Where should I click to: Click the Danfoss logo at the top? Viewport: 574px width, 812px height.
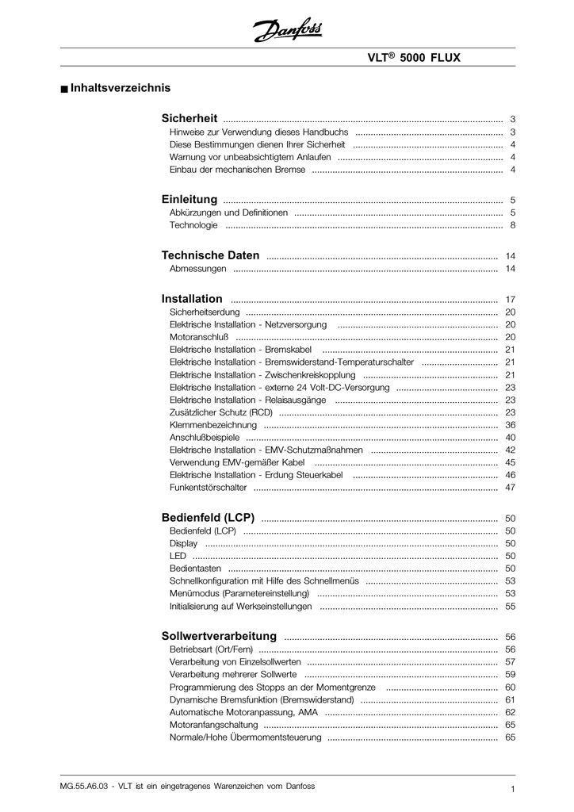[287, 31]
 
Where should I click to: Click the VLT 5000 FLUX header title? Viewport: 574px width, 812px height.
[413, 58]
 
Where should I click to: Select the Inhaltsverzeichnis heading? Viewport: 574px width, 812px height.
[120, 88]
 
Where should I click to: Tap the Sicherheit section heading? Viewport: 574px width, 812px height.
[189, 118]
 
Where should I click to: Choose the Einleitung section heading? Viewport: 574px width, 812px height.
[189, 200]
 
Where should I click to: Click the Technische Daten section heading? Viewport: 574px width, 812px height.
[210, 255]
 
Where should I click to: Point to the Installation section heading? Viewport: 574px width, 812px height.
[192, 299]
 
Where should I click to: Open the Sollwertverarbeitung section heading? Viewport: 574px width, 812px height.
[219, 636]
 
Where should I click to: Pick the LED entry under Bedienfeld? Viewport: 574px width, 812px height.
[178, 556]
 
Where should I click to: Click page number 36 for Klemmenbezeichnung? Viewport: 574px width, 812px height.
[510, 425]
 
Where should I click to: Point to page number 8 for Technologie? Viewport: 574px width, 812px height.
[513, 225]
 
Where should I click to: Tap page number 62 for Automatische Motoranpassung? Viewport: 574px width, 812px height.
[510, 712]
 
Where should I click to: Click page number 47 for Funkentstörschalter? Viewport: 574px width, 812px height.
[510, 488]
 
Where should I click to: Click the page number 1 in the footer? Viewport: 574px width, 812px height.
[513, 789]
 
